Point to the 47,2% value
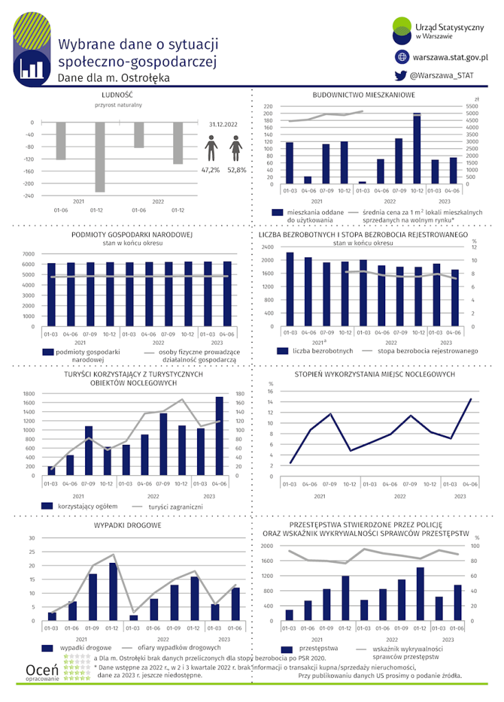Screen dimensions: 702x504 pyautogui.click(x=210, y=169)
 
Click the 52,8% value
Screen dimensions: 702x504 pyautogui.click(x=236, y=169)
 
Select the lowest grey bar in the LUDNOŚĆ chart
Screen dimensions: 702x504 pyautogui.click(x=100, y=157)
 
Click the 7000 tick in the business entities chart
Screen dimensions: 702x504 pyautogui.click(x=27, y=254)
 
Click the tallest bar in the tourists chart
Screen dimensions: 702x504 pyautogui.click(x=219, y=435)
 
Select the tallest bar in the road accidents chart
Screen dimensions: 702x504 pyautogui.click(x=113, y=592)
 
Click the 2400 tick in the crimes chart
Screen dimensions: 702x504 pyautogui.click(x=268, y=546)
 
